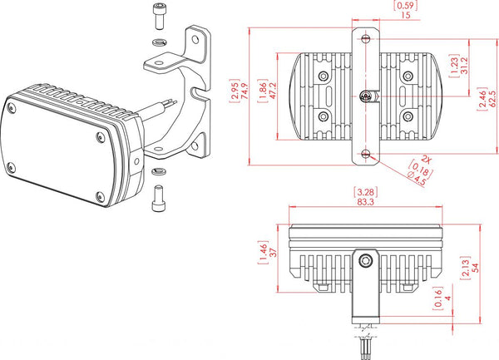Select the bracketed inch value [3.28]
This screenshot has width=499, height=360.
coord(362,190)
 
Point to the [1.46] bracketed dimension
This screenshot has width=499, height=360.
coord(259,253)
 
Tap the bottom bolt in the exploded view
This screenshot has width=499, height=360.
coord(158,200)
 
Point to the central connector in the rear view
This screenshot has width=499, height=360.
coord(367,97)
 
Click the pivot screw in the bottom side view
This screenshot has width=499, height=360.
coord(364,260)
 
